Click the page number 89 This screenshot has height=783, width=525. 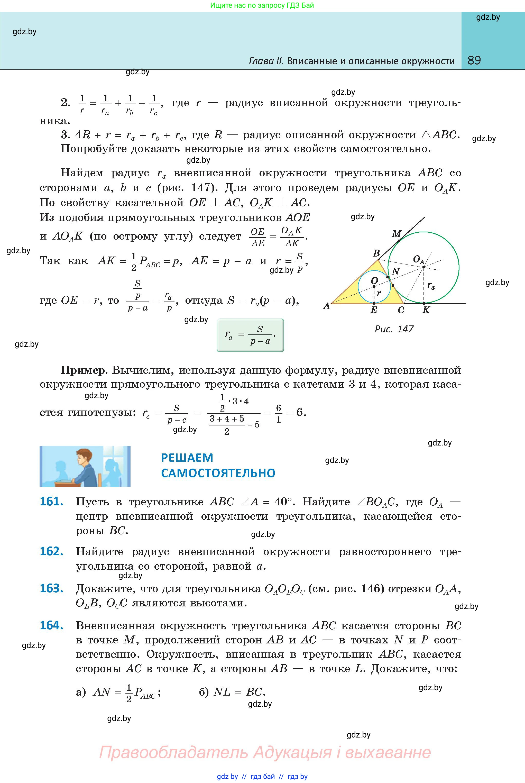coord(474,60)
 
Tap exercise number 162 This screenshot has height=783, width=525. coord(52,551)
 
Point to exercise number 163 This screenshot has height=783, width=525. coord(52,588)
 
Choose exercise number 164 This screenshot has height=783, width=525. coord(52,625)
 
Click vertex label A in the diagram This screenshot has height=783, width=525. coord(326,306)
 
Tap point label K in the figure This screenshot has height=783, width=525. coord(426,310)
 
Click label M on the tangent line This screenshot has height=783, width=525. coord(397,233)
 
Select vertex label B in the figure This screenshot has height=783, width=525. coord(376,253)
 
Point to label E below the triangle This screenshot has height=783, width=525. coord(374,310)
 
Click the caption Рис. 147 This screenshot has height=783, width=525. coord(394,329)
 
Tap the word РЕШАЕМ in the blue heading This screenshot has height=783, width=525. coord(187,458)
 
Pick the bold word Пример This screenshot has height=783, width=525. coord(84,370)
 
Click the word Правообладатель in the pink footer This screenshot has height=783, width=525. coord(173,752)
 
